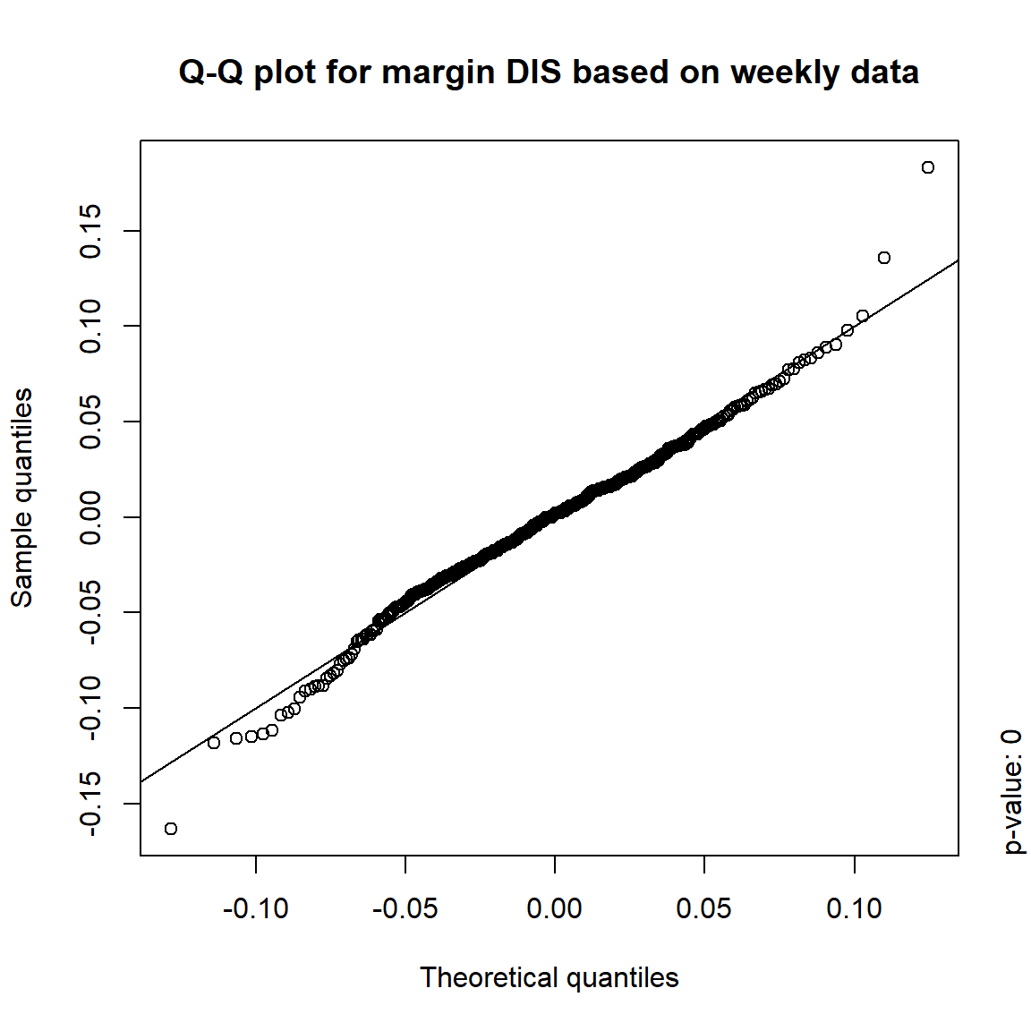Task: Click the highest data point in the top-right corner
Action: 928,167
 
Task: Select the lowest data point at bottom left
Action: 171,829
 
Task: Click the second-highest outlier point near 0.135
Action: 884,258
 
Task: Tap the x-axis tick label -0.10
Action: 256,909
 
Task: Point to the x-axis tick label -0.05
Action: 405,909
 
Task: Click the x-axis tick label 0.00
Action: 555,909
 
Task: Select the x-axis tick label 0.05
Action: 704,909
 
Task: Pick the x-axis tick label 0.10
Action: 854,909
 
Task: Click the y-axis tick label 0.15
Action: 91,231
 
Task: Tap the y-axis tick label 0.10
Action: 91,326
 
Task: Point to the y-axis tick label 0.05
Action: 91,422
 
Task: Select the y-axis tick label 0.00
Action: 91,517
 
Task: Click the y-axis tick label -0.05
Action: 91,612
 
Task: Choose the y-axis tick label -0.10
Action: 91,708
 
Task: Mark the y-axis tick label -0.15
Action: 91,804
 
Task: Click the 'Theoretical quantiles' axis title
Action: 550,977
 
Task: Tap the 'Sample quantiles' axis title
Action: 21,498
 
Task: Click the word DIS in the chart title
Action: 536,72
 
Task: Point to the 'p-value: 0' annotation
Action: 1012,792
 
